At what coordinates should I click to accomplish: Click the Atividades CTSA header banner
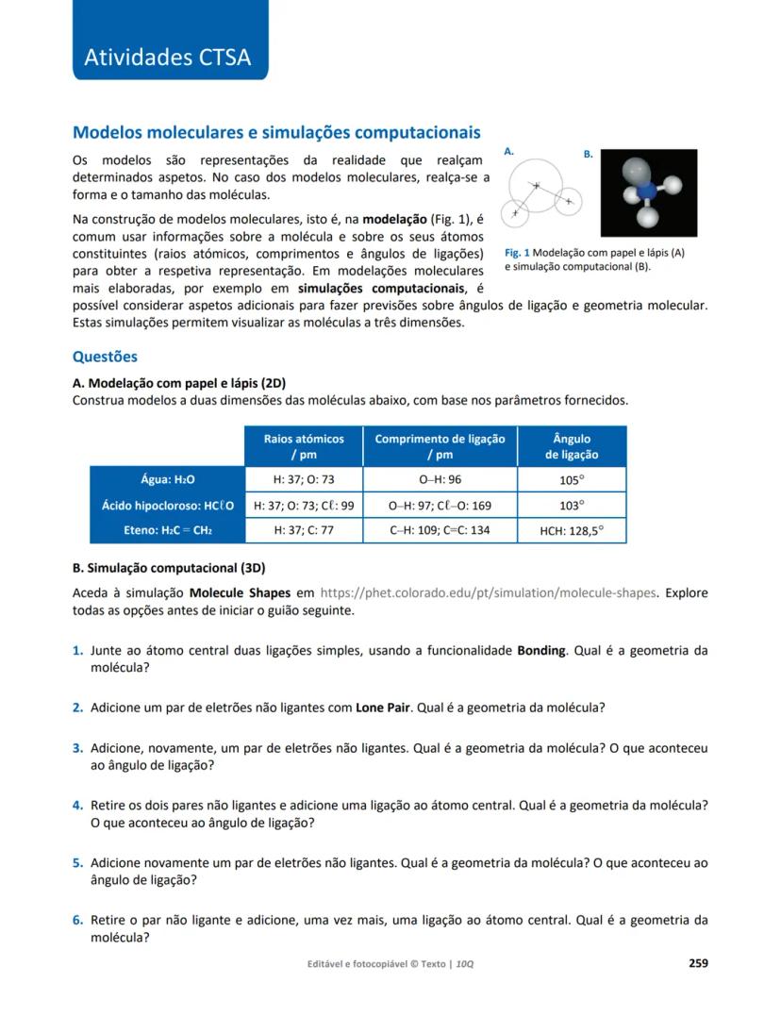[168, 57]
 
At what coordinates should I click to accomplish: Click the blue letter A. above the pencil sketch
[508, 151]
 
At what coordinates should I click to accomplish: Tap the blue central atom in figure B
[647, 192]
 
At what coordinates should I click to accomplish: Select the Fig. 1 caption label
[517, 253]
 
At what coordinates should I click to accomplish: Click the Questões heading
[105, 357]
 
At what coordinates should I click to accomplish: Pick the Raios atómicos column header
[304, 446]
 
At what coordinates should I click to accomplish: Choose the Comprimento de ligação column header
[440, 446]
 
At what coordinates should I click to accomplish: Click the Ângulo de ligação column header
[572, 446]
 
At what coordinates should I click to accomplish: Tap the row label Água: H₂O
[167, 479]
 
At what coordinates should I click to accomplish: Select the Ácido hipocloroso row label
[167, 506]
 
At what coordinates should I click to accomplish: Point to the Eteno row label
[167, 531]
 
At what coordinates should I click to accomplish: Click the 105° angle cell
[572, 479]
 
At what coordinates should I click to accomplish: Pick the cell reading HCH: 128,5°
[572, 531]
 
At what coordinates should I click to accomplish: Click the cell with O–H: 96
[440, 479]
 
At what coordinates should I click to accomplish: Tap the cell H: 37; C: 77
[304, 531]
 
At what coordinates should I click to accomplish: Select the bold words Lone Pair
[382, 708]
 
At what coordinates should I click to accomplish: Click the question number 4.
[78, 806]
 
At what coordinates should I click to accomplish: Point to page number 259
[698, 963]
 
